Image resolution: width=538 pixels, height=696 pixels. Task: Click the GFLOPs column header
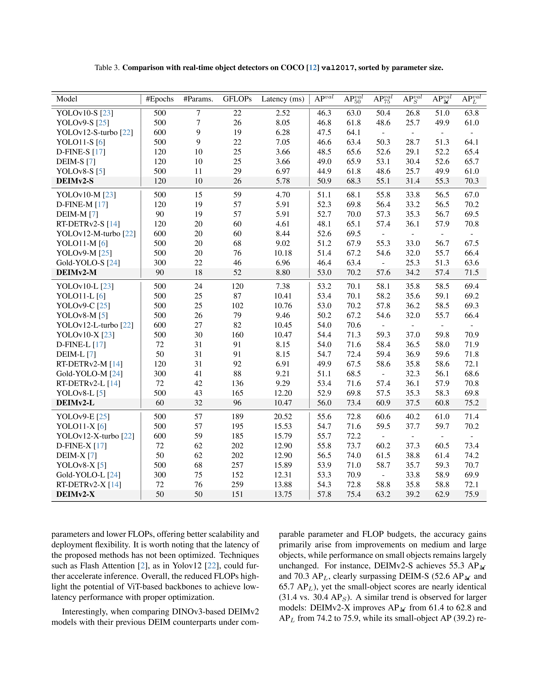click(x=237, y=99)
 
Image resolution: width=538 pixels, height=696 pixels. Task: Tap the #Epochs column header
click(x=160, y=99)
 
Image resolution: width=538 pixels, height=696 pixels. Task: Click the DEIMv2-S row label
click(x=75, y=181)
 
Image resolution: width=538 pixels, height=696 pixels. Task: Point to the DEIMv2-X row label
click(x=76, y=494)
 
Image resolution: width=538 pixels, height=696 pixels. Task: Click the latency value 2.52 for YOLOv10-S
click(x=283, y=113)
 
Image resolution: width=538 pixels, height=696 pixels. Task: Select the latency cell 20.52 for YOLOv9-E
click(x=283, y=417)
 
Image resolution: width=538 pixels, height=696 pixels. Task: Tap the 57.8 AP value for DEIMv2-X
click(x=324, y=494)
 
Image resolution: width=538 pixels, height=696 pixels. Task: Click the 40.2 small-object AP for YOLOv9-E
click(x=412, y=417)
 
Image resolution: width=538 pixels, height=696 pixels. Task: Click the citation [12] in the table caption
click(x=313, y=68)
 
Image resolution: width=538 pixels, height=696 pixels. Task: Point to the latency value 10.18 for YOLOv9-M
click(x=283, y=253)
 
